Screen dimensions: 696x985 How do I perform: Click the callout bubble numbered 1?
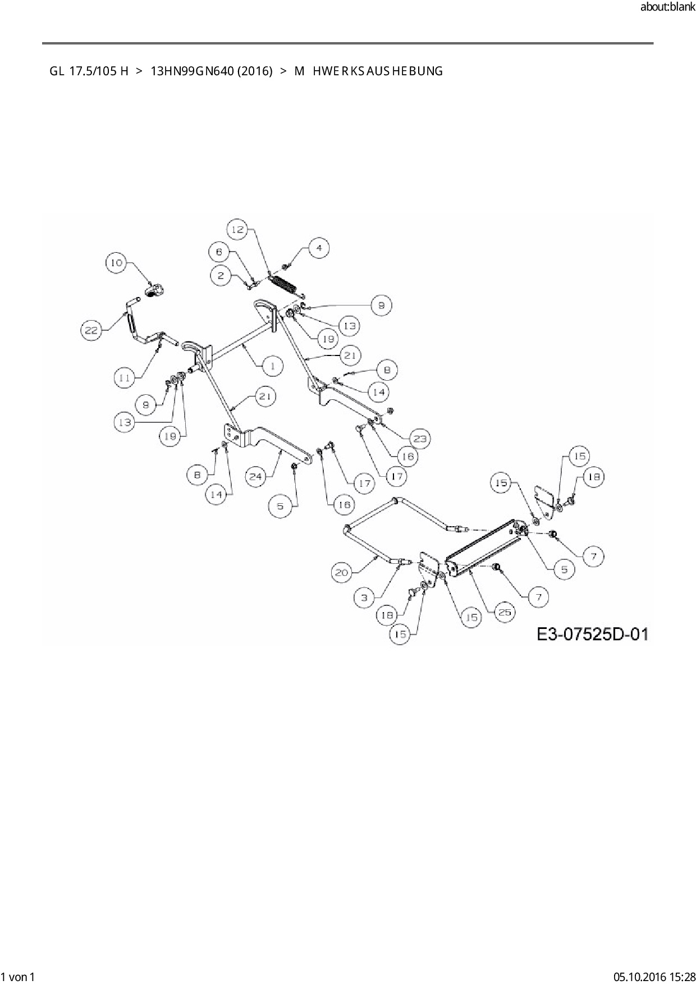(x=273, y=366)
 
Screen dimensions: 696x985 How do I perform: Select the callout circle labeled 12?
(x=237, y=229)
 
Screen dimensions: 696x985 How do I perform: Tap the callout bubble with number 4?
(x=318, y=248)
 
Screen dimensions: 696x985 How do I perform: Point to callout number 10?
(x=116, y=263)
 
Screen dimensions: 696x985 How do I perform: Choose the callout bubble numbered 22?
(x=91, y=330)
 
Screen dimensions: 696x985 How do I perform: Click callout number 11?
(x=125, y=379)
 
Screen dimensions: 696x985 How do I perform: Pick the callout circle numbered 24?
(x=256, y=476)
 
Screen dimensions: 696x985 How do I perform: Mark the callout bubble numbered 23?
(x=420, y=439)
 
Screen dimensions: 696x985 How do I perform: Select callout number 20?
(x=342, y=573)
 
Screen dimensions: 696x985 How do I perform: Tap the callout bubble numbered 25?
(x=505, y=612)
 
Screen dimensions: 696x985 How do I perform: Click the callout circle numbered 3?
(x=364, y=598)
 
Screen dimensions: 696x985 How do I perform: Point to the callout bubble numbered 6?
(x=219, y=252)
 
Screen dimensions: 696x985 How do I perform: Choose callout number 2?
(x=221, y=275)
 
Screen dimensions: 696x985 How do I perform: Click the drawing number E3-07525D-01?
(x=593, y=635)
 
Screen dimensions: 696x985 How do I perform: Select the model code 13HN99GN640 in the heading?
(x=212, y=71)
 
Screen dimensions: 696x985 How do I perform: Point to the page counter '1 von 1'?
(x=19, y=977)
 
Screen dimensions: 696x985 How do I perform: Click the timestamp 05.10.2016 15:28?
(x=654, y=977)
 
